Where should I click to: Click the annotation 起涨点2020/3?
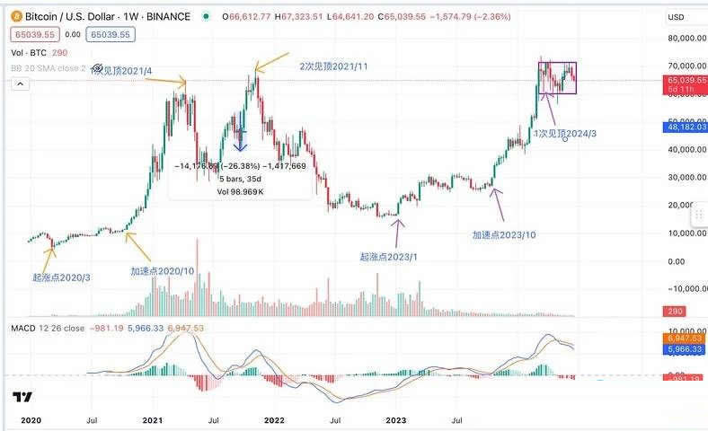61,277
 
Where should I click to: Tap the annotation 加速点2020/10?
161,270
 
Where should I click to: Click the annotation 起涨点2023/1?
389,257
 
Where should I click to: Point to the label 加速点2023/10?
504,234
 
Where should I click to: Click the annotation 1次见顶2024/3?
565,133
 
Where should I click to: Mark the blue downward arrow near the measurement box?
240,139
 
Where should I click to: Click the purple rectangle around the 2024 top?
557,77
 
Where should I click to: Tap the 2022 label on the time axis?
274,418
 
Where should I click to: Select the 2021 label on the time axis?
153,418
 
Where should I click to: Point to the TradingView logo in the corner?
23,398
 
